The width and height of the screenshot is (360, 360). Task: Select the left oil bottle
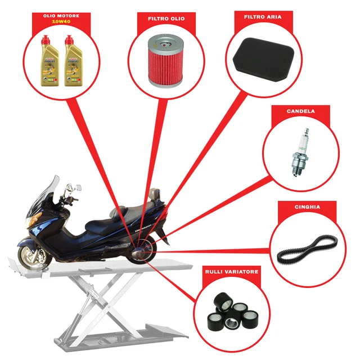point(48,62)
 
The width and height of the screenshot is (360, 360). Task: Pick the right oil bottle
point(71,62)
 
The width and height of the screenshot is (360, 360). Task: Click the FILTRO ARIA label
point(263,17)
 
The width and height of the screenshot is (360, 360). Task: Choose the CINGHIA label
point(307,207)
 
